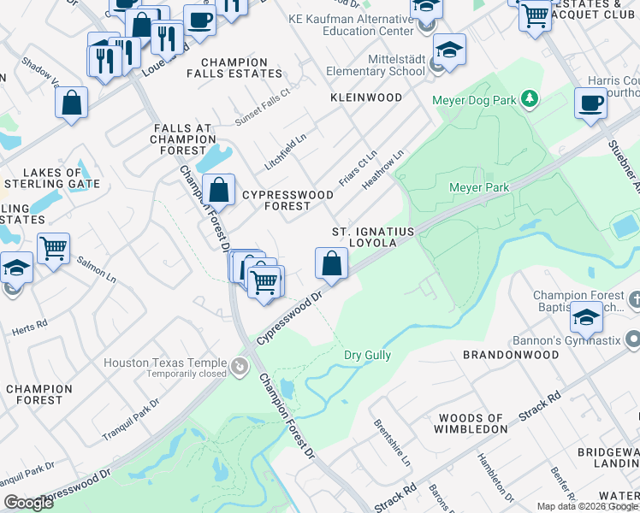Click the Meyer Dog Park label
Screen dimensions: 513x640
480,100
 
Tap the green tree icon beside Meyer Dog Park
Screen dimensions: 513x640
530,99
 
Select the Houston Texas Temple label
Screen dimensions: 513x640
165,363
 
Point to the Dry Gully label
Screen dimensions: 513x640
367,355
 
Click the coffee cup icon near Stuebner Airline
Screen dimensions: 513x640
591,104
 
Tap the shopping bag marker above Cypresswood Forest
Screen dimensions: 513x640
219,188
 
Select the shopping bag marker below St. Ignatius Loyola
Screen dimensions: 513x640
331,263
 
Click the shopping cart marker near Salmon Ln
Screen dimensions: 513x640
53,249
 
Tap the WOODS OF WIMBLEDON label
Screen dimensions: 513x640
472,423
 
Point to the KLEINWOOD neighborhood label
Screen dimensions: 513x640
366,98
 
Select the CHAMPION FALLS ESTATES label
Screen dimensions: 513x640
234,68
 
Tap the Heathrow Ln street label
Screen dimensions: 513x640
382,171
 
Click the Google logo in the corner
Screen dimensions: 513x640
27,503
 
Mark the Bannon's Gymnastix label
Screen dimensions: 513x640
579,338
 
